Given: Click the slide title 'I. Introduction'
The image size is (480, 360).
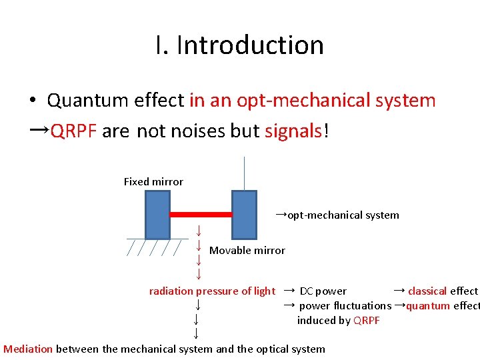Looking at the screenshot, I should pyautogui.click(x=239, y=45).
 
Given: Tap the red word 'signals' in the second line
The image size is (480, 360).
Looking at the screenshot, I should pyautogui.click(x=293, y=131).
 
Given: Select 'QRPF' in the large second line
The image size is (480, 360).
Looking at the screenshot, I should pyautogui.click(x=74, y=131).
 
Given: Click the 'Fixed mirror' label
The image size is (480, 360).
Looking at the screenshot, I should pyautogui.click(x=153, y=181).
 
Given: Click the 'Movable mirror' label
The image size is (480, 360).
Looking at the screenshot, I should pyautogui.click(x=247, y=251).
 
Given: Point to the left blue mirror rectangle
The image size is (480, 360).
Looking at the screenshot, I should pyautogui.click(x=158, y=214).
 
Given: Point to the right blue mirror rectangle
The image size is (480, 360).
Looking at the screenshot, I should pyautogui.click(x=244, y=214).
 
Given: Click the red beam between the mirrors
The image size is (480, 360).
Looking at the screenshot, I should pyautogui.click(x=201, y=214).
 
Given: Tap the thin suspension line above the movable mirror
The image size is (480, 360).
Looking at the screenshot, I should pyautogui.click(x=245, y=173).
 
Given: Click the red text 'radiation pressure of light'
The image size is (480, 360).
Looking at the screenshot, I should pyautogui.click(x=211, y=291).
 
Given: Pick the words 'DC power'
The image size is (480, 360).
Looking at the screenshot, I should pyautogui.click(x=323, y=291).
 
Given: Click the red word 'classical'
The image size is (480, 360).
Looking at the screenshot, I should pyautogui.click(x=427, y=291).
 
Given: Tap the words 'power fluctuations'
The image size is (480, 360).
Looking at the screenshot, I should pyautogui.click(x=345, y=305).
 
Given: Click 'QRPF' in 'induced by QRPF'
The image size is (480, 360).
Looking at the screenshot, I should pyautogui.click(x=367, y=320).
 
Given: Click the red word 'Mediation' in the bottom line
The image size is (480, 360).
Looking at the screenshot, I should pyautogui.click(x=28, y=349).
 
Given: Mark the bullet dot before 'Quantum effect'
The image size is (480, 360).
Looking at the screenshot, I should pyautogui.click(x=32, y=101).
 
